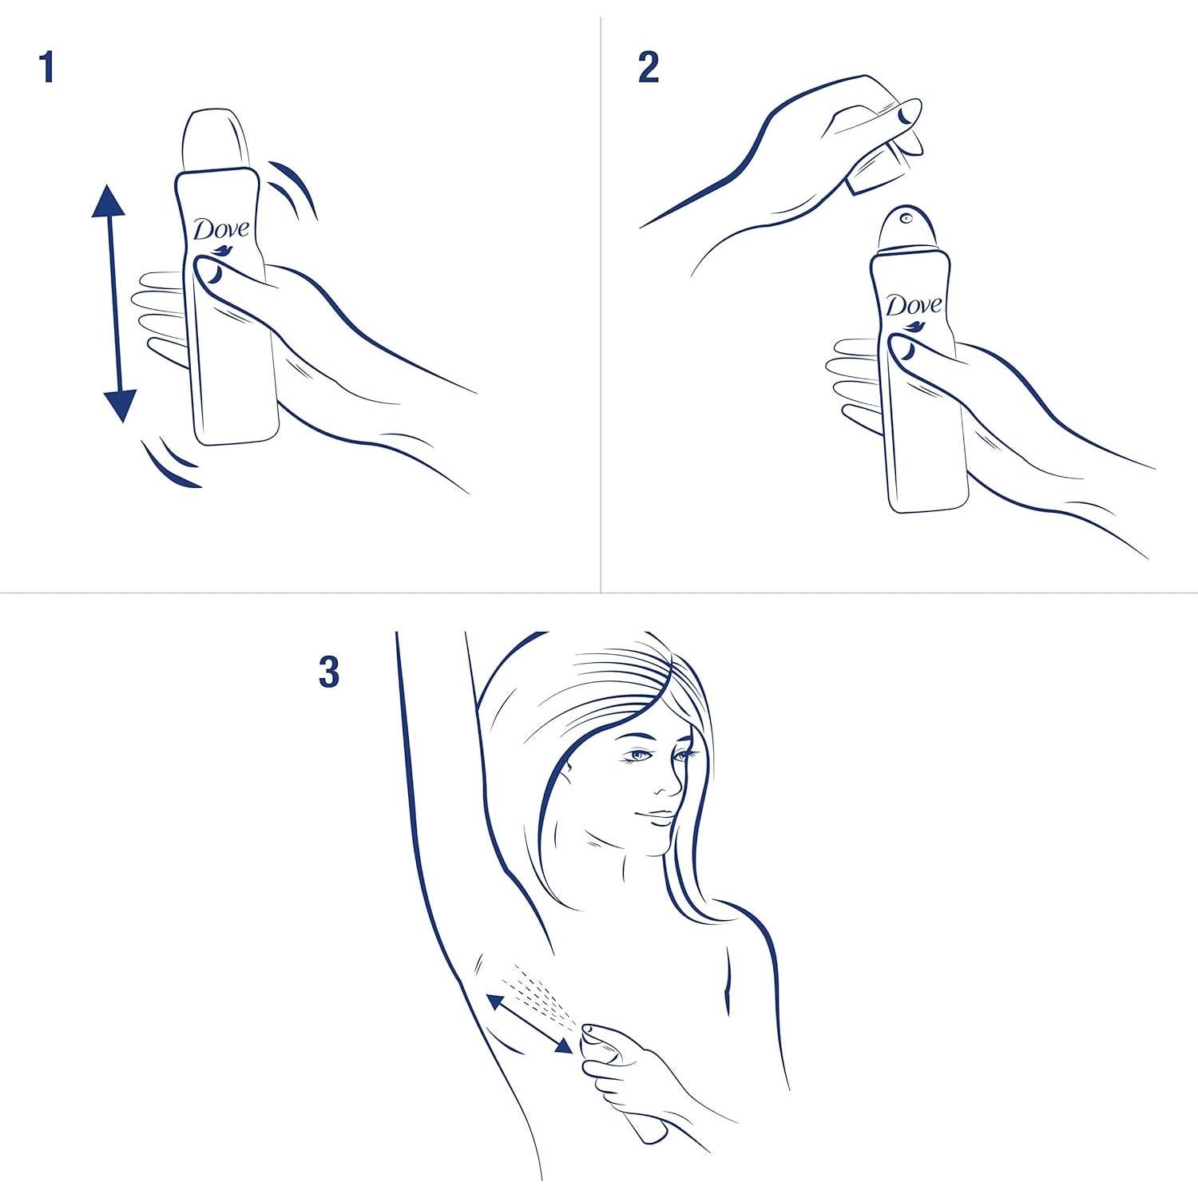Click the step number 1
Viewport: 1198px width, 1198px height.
click(47, 67)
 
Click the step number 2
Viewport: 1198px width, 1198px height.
click(649, 67)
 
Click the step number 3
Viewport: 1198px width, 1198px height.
click(328, 672)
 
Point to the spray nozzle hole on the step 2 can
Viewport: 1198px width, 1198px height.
click(905, 216)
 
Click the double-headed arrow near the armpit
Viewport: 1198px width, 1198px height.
click(530, 1024)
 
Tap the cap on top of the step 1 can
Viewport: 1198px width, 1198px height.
click(212, 140)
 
